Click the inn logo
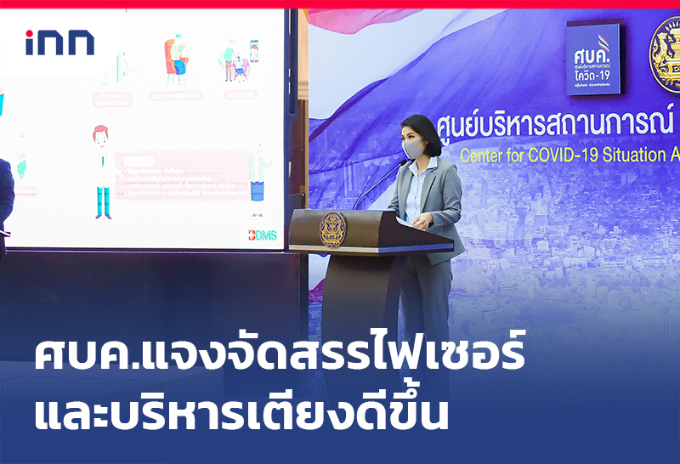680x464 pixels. coord(59,42)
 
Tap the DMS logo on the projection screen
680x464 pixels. coord(263,235)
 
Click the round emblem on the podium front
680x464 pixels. coord(332,229)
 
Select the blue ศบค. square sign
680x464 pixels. coord(592,59)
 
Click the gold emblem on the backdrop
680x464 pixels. coord(665,54)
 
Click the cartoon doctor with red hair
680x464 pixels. coord(102,170)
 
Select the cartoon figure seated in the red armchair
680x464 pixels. coord(177,59)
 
